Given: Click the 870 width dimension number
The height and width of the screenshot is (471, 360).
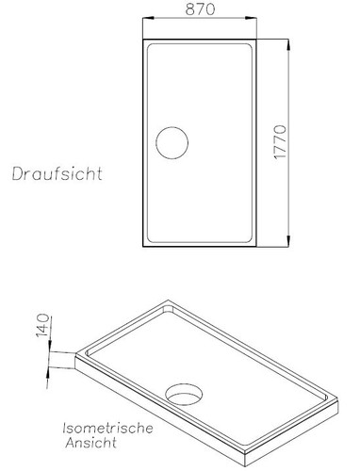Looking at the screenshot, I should [200, 10].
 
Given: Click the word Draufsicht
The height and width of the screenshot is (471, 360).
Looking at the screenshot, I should [57, 174].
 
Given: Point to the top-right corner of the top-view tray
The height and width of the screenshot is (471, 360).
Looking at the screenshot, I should [256, 39].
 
